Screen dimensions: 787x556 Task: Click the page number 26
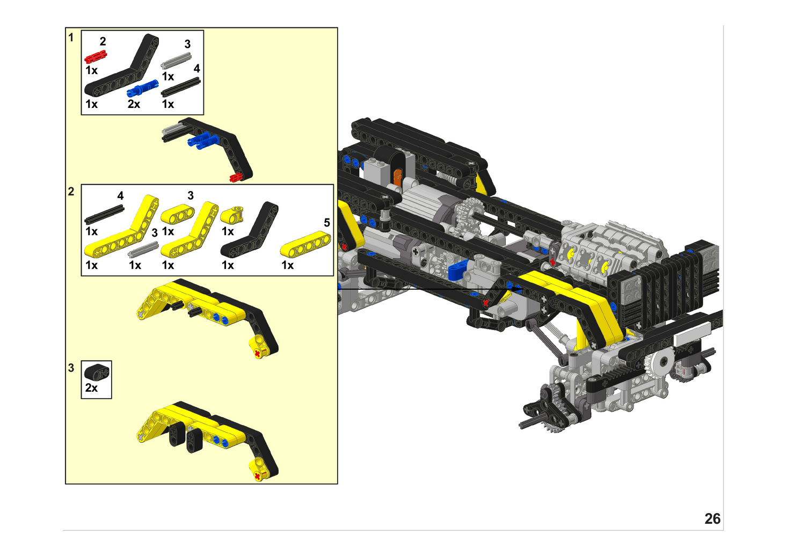[712, 519]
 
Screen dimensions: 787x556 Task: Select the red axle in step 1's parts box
[96, 56]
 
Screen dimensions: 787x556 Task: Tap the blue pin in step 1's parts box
[142, 88]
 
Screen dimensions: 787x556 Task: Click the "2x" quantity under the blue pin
[134, 104]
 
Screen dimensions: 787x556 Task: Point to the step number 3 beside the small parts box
[71, 368]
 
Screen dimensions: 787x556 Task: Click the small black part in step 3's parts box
[97, 372]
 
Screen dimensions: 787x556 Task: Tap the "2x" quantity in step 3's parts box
[91, 387]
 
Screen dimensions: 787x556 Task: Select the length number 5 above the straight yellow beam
[327, 222]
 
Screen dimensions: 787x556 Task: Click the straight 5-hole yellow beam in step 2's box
[305, 244]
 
